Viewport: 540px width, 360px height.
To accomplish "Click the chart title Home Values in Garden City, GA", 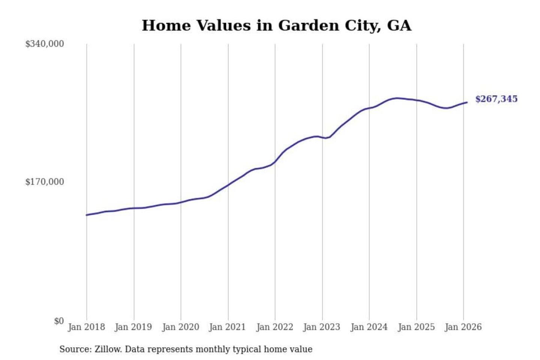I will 276,25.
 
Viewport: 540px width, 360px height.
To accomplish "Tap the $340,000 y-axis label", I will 45,44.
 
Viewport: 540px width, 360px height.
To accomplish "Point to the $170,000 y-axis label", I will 45,182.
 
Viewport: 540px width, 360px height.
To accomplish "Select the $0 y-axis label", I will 59,321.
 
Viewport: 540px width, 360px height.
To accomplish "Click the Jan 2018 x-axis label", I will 86,327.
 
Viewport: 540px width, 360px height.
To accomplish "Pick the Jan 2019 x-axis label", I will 133,327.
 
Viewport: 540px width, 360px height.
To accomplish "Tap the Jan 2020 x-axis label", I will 180,327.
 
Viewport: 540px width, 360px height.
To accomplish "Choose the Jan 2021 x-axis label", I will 227,327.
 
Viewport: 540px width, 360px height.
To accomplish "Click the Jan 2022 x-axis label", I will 274,327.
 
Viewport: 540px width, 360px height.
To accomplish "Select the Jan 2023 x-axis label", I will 321,327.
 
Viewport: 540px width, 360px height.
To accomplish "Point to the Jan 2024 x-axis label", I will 369,327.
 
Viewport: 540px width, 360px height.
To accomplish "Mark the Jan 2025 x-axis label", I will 416,327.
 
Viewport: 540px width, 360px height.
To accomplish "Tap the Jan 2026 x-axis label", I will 463,327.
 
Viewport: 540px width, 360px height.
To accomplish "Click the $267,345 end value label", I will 496,99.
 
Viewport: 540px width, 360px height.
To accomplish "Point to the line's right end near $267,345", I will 466,102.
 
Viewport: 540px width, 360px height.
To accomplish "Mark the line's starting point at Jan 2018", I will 87,215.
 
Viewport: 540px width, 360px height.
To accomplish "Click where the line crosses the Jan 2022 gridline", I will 275,162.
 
